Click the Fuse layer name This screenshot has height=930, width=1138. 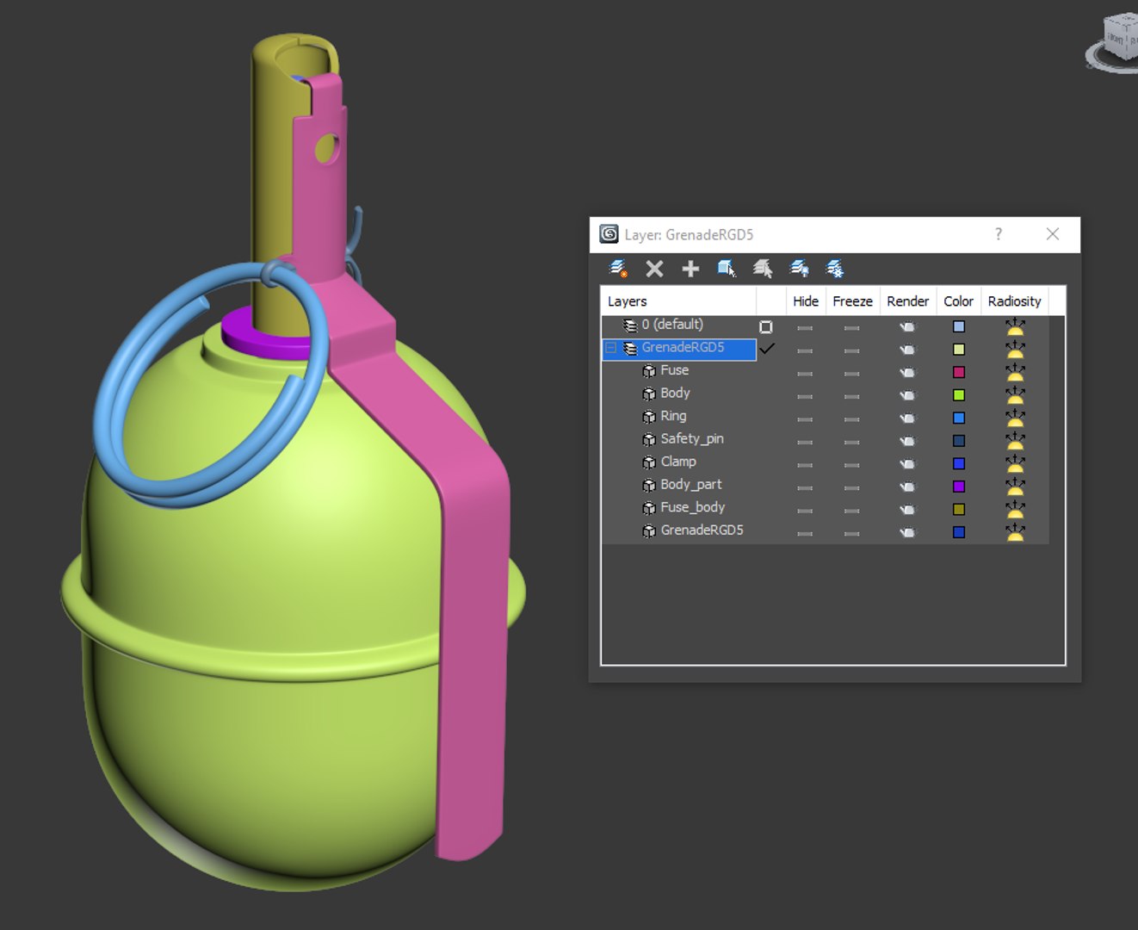pyautogui.click(x=674, y=370)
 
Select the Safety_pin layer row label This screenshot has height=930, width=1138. pyautogui.click(x=691, y=439)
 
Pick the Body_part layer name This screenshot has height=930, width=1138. pyautogui.click(x=690, y=485)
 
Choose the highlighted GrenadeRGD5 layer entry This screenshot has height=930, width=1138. pyautogui.click(x=683, y=348)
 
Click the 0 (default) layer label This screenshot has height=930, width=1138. pyautogui.click(x=671, y=325)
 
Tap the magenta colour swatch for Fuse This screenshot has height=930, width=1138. pyautogui.click(x=958, y=373)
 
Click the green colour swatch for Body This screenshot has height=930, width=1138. pyautogui.click(x=958, y=395)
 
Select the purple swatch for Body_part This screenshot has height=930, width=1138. pyautogui.click(x=958, y=487)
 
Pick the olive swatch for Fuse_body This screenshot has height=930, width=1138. pyautogui.click(x=958, y=510)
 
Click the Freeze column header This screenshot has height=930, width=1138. pyautogui.click(x=852, y=301)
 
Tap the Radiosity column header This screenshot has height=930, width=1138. pyautogui.click(x=1014, y=301)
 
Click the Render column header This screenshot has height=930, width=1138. pyautogui.click(x=907, y=301)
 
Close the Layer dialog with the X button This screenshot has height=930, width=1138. pyautogui.click(x=1052, y=234)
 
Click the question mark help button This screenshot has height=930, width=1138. pyautogui.click(x=999, y=234)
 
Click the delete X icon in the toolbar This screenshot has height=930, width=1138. pyautogui.click(x=654, y=270)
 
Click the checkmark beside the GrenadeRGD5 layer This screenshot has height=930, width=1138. pyautogui.click(x=766, y=349)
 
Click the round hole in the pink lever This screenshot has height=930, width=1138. pyautogui.click(x=327, y=149)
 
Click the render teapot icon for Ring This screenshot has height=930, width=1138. pyautogui.click(x=907, y=418)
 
